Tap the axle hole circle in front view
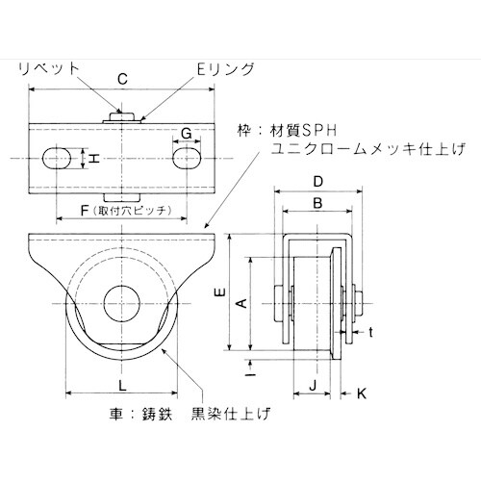(x=120, y=299)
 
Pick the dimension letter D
(x=316, y=181)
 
